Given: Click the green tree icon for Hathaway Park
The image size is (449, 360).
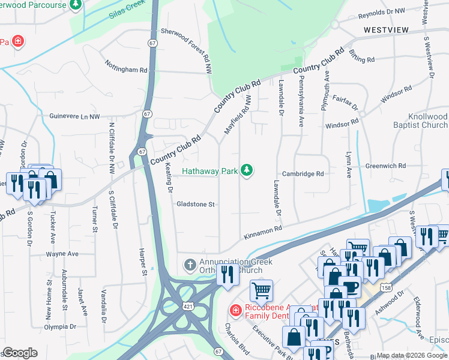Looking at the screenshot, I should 246,171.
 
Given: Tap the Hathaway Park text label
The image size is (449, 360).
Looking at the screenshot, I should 209,172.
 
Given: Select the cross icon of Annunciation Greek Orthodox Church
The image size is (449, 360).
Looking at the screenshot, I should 190,265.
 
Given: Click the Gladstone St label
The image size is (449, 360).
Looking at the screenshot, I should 195,205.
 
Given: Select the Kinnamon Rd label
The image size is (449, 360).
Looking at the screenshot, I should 263,232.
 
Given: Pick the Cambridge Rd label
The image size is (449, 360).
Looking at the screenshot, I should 304,174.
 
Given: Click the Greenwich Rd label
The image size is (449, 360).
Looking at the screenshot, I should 387,166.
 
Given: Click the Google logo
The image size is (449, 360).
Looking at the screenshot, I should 20,353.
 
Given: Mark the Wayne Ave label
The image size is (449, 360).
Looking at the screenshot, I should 62,254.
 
